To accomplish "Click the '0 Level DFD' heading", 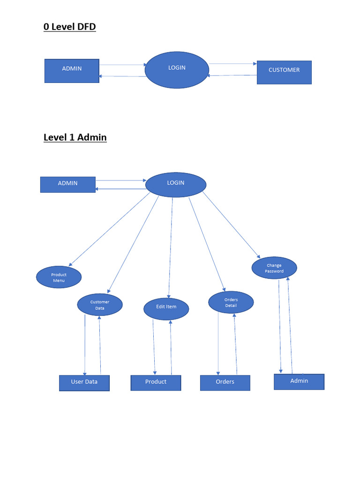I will (x=69, y=27).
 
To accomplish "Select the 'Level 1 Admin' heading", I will (x=75, y=137).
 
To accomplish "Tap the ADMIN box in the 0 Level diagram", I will (x=72, y=71).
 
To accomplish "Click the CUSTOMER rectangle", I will (x=284, y=72).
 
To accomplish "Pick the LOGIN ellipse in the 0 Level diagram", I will (x=177, y=70).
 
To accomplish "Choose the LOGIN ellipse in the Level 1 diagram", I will (x=176, y=185).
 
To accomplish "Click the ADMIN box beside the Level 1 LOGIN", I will (x=68, y=185).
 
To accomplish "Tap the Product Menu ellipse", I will (x=59, y=277).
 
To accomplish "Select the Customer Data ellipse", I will (x=100, y=305).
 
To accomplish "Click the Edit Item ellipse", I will (x=166, y=308).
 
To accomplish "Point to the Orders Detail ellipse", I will (x=231, y=302).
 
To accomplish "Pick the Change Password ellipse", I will (x=274, y=268).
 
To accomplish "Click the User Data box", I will (x=84, y=383).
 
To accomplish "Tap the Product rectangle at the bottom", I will (x=156, y=382).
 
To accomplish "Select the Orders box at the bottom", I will (x=225, y=382).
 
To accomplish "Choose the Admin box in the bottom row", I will (x=299, y=382).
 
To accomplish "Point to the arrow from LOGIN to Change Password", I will (x=231, y=225).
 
